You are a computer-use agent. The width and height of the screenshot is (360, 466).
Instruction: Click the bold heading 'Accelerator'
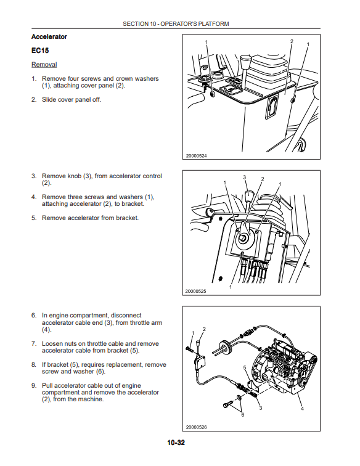pos(49,36)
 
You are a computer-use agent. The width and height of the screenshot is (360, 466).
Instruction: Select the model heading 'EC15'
pos(40,51)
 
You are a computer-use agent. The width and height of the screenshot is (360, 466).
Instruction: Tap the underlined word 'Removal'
pos(44,65)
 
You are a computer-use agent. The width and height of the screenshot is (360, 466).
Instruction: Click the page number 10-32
pos(176,443)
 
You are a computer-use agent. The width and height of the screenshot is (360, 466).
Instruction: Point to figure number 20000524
pos(196,156)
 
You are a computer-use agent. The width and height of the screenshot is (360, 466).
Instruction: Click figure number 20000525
pos(195,291)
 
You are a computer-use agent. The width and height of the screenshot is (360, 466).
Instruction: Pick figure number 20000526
pos(196,427)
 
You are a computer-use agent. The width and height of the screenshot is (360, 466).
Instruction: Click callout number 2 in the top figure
pos(292,41)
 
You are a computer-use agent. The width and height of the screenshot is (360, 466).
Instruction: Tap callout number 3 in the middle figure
pos(244,177)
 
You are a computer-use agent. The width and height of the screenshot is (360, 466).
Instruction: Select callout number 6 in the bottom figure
pos(243,415)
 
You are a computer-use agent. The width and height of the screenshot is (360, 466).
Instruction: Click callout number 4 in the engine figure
pos(302,409)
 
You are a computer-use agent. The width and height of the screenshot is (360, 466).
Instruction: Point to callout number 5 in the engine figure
pos(245,367)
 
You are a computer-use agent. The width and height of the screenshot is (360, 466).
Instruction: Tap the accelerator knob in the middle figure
pos(249,197)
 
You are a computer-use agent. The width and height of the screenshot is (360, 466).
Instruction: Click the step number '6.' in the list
pos(34,316)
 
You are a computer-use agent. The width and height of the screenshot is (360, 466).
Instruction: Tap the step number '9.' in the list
pos(34,385)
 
